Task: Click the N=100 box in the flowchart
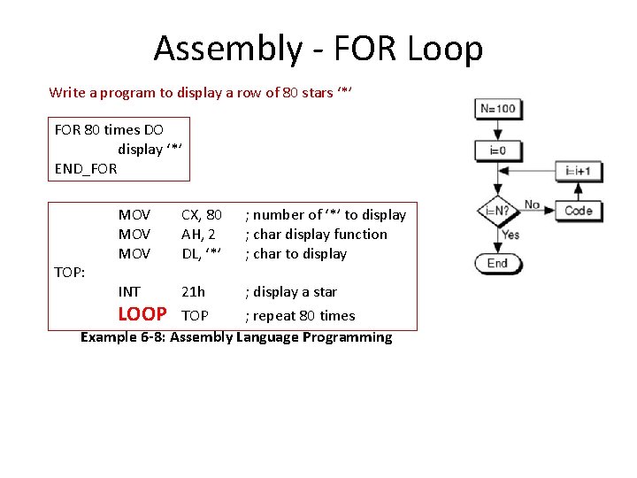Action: [497, 110]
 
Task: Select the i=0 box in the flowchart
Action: [497, 150]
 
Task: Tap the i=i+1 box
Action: [583, 171]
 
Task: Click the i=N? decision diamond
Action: [496, 212]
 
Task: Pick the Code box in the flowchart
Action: [579, 211]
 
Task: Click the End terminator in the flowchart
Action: [497, 263]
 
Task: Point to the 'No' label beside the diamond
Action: [532, 204]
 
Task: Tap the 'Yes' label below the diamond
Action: [510, 235]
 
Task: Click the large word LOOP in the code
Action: [142, 314]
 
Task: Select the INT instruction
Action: [129, 291]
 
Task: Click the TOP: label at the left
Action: [70, 273]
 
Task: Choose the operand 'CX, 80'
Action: [202, 214]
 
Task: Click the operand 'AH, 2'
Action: [198, 234]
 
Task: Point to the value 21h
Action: [193, 291]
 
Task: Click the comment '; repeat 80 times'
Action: [300, 316]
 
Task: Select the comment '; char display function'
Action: [316, 234]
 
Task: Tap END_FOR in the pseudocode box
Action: [86, 168]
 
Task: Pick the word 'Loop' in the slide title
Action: [445, 48]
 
